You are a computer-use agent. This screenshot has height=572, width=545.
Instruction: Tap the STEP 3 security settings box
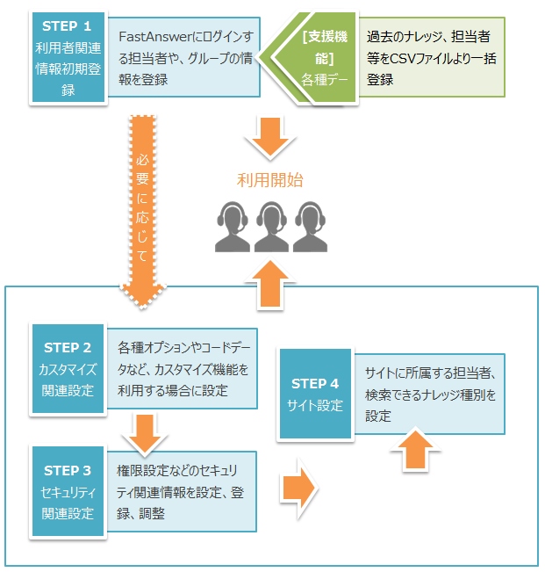[x=68, y=491]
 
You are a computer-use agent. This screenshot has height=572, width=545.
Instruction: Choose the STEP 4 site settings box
[x=315, y=394]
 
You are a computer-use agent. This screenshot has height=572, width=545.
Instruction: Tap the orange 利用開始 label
[x=270, y=181]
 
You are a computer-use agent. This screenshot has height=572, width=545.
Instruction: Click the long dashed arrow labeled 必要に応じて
[x=143, y=206]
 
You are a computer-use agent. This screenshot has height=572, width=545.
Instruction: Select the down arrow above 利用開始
[x=271, y=134]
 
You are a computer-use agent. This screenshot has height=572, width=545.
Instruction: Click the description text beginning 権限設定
[x=181, y=491]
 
